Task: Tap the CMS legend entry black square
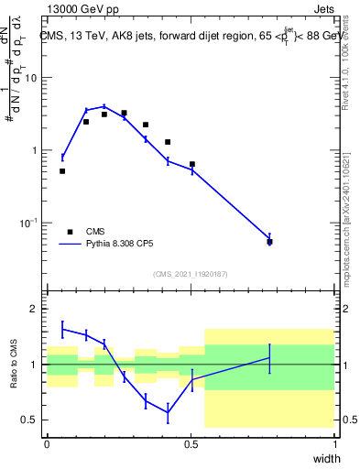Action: click(x=70, y=232)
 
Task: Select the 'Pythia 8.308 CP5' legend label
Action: click(x=125, y=245)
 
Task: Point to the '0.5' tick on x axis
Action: click(x=191, y=443)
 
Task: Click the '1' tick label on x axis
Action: click(x=335, y=443)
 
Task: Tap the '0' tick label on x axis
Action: click(x=47, y=443)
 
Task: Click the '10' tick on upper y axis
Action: click(x=31, y=78)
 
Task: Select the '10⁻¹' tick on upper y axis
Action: click(x=29, y=223)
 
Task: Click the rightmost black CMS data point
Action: click(x=269, y=242)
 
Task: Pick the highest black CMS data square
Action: click(x=124, y=113)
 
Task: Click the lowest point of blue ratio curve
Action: click(x=168, y=412)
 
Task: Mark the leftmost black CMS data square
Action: click(x=62, y=171)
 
